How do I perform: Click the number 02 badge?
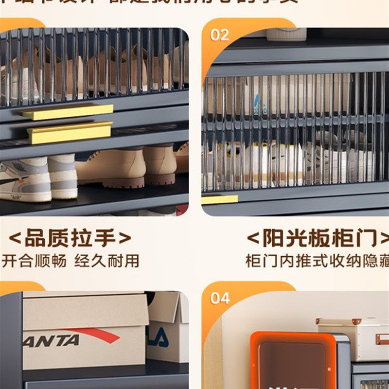[219, 35]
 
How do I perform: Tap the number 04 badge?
[220, 298]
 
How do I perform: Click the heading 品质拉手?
[70, 238]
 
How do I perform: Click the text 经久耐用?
[106, 261]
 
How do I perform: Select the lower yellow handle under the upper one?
[69, 133]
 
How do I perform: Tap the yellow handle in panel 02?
[219, 199]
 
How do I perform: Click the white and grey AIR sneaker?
[27, 180]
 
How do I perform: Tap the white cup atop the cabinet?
[287, 34]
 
